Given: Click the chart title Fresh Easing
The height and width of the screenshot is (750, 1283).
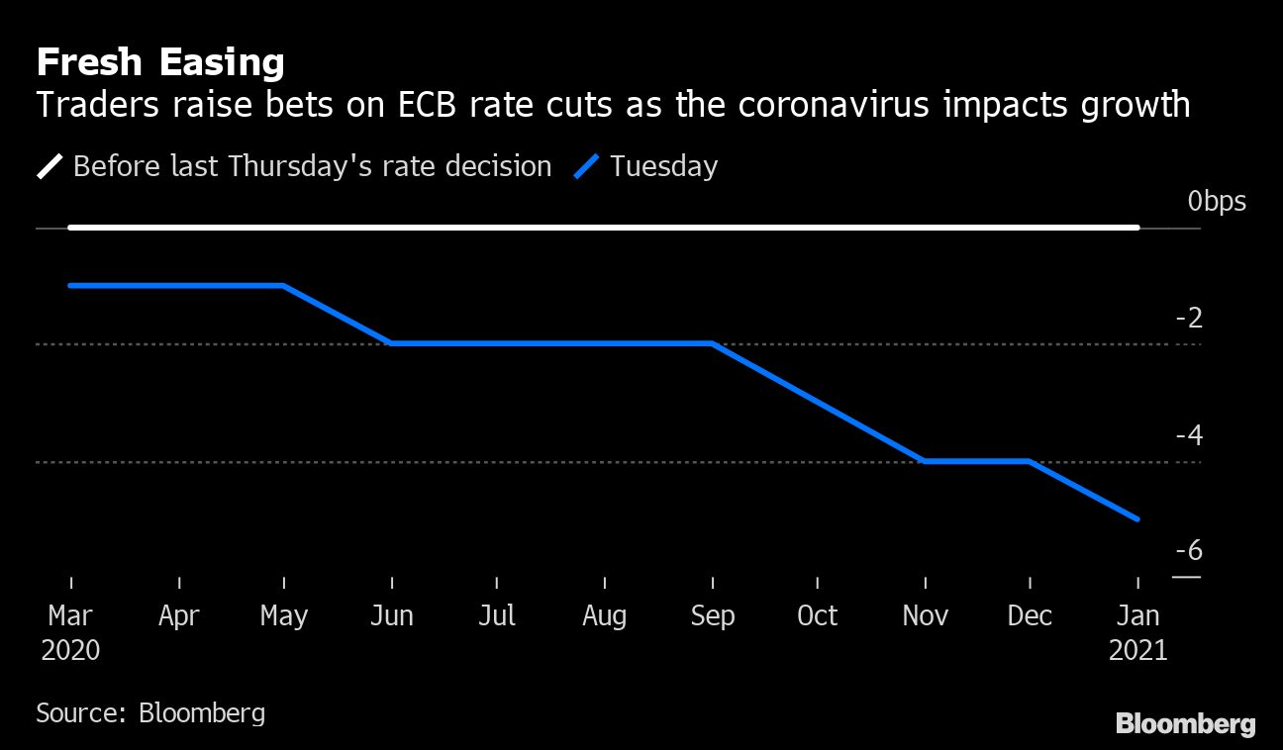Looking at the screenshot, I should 160,62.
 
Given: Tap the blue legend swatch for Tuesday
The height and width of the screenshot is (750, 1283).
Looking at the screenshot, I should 588,166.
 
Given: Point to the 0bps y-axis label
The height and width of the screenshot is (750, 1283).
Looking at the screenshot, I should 1217,202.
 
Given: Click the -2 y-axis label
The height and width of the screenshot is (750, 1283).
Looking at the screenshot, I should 1188,318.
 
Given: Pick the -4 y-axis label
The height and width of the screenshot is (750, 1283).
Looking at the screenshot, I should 1188,435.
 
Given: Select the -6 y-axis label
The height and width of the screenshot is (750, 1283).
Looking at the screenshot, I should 1188,551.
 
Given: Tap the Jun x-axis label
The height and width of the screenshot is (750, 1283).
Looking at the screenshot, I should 391,615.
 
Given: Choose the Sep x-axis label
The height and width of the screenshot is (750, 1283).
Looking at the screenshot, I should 712,615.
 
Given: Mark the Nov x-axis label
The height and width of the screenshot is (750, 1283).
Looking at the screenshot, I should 925,615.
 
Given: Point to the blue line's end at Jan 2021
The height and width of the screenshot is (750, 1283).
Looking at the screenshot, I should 1137,518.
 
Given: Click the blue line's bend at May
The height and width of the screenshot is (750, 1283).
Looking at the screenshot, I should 284,286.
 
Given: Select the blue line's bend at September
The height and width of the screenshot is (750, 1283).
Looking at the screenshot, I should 712,343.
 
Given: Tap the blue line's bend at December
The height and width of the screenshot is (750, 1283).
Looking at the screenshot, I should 1031,461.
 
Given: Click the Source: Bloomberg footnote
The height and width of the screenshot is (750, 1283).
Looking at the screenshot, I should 150,712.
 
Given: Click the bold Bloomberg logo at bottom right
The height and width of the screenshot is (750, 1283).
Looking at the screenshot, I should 1185,724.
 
